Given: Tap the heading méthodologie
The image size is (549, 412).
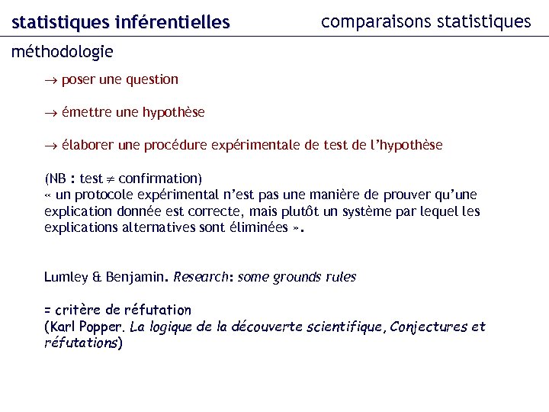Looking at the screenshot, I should (x=63, y=52).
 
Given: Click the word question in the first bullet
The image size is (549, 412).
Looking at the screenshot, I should (x=150, y=79).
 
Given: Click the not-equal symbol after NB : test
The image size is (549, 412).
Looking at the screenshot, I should (x=111, y=179).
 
